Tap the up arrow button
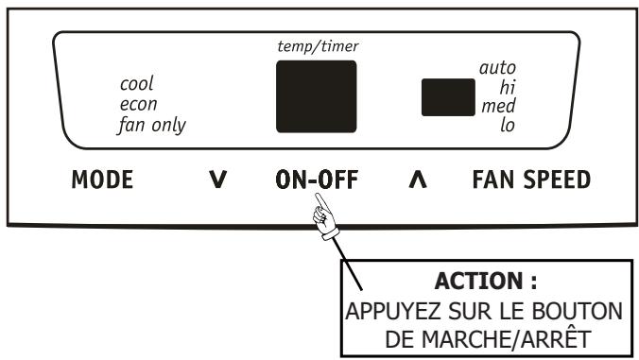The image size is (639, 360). (413, 180)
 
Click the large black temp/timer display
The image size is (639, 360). (316, 97)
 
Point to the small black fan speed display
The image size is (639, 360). (447, 96)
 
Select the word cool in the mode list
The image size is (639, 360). (137, 84)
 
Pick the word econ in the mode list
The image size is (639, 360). (137, 104)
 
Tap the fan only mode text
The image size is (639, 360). (151, 124)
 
